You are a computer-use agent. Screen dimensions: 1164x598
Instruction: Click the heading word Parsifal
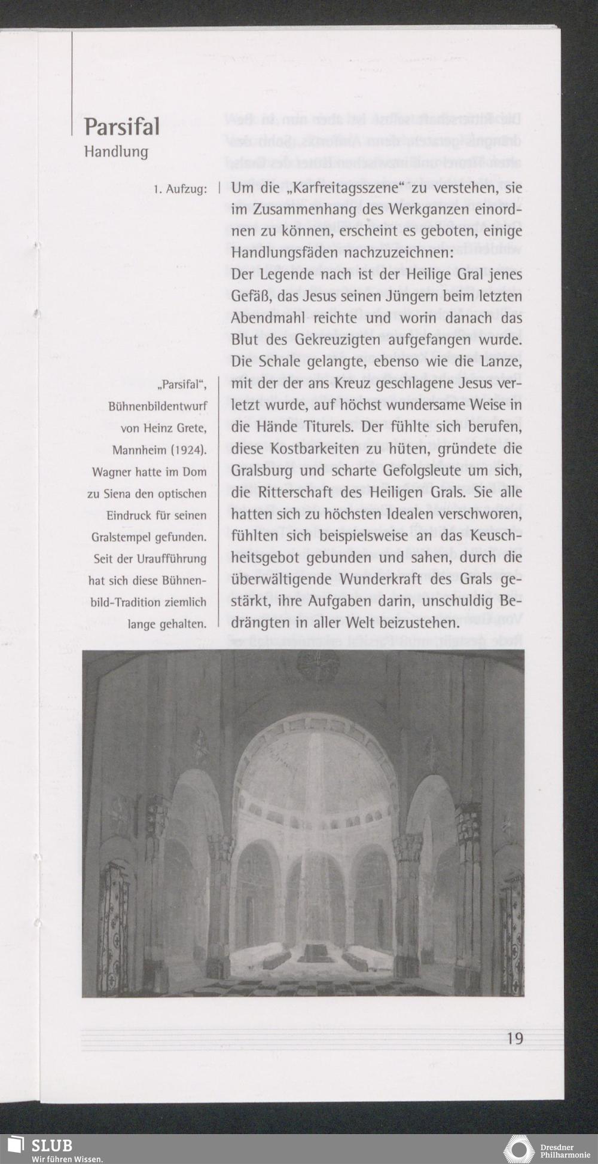121,127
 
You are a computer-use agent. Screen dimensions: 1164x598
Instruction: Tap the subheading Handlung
116,152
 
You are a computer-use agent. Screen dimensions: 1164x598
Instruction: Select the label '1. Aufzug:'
180,189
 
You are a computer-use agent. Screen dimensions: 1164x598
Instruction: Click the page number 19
514,1038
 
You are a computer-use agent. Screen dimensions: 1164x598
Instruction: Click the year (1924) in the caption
190,450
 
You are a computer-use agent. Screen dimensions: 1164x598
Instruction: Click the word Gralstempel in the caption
123,537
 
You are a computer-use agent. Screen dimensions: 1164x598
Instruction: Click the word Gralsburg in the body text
262,470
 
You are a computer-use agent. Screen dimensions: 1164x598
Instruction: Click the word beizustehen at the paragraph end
409,623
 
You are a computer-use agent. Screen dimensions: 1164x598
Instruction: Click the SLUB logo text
52,1145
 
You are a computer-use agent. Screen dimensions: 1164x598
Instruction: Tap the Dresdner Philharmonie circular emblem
518,1148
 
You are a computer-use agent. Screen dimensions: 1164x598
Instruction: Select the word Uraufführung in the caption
172,559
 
